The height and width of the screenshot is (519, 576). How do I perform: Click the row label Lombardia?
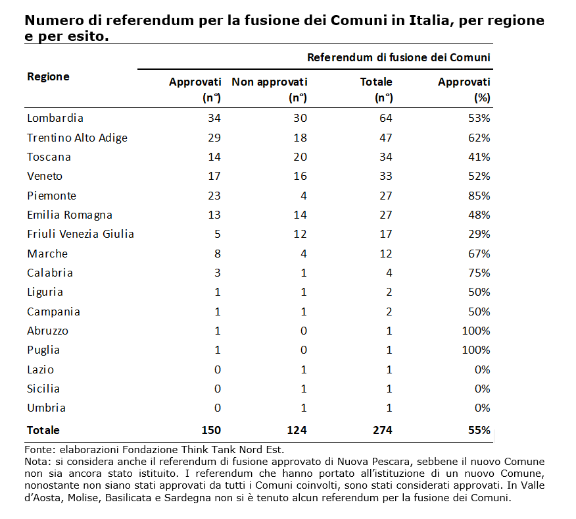click(x=55, y=119)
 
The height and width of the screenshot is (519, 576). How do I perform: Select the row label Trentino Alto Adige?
click(x=77, y=138)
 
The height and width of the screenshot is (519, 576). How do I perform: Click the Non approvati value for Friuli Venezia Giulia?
click(x=301, y=234)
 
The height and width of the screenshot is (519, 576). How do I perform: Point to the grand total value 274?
click(x=381, y=430)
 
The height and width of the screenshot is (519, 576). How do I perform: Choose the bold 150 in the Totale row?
click(x=210, y=430)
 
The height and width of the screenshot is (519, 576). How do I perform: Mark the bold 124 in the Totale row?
click(x=297, y=430)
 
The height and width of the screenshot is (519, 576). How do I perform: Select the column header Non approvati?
click(x=269, y=82)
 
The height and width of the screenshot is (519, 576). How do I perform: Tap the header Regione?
click(x=48, y=76)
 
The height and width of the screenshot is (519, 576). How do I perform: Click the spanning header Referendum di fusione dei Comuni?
click(x=398, y=57)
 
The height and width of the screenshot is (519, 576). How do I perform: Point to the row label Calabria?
click(x=50, y=273)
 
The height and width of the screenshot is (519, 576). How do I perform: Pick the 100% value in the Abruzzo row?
click(x=475, y=331)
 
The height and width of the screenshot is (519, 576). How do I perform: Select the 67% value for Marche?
click(x=479, y=254)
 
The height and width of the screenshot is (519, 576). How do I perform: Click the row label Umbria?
click(x=46, y=408)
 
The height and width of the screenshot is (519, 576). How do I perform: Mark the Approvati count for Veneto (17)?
click(x=214, y=176)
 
